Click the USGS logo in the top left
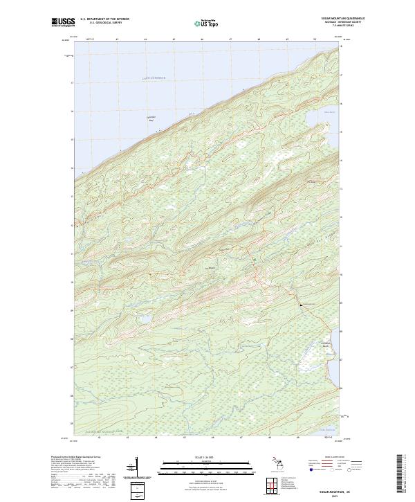pos(62,23)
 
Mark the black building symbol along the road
pos(302,305)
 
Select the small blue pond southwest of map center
pos(146,319)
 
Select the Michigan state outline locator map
pos(276,463)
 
